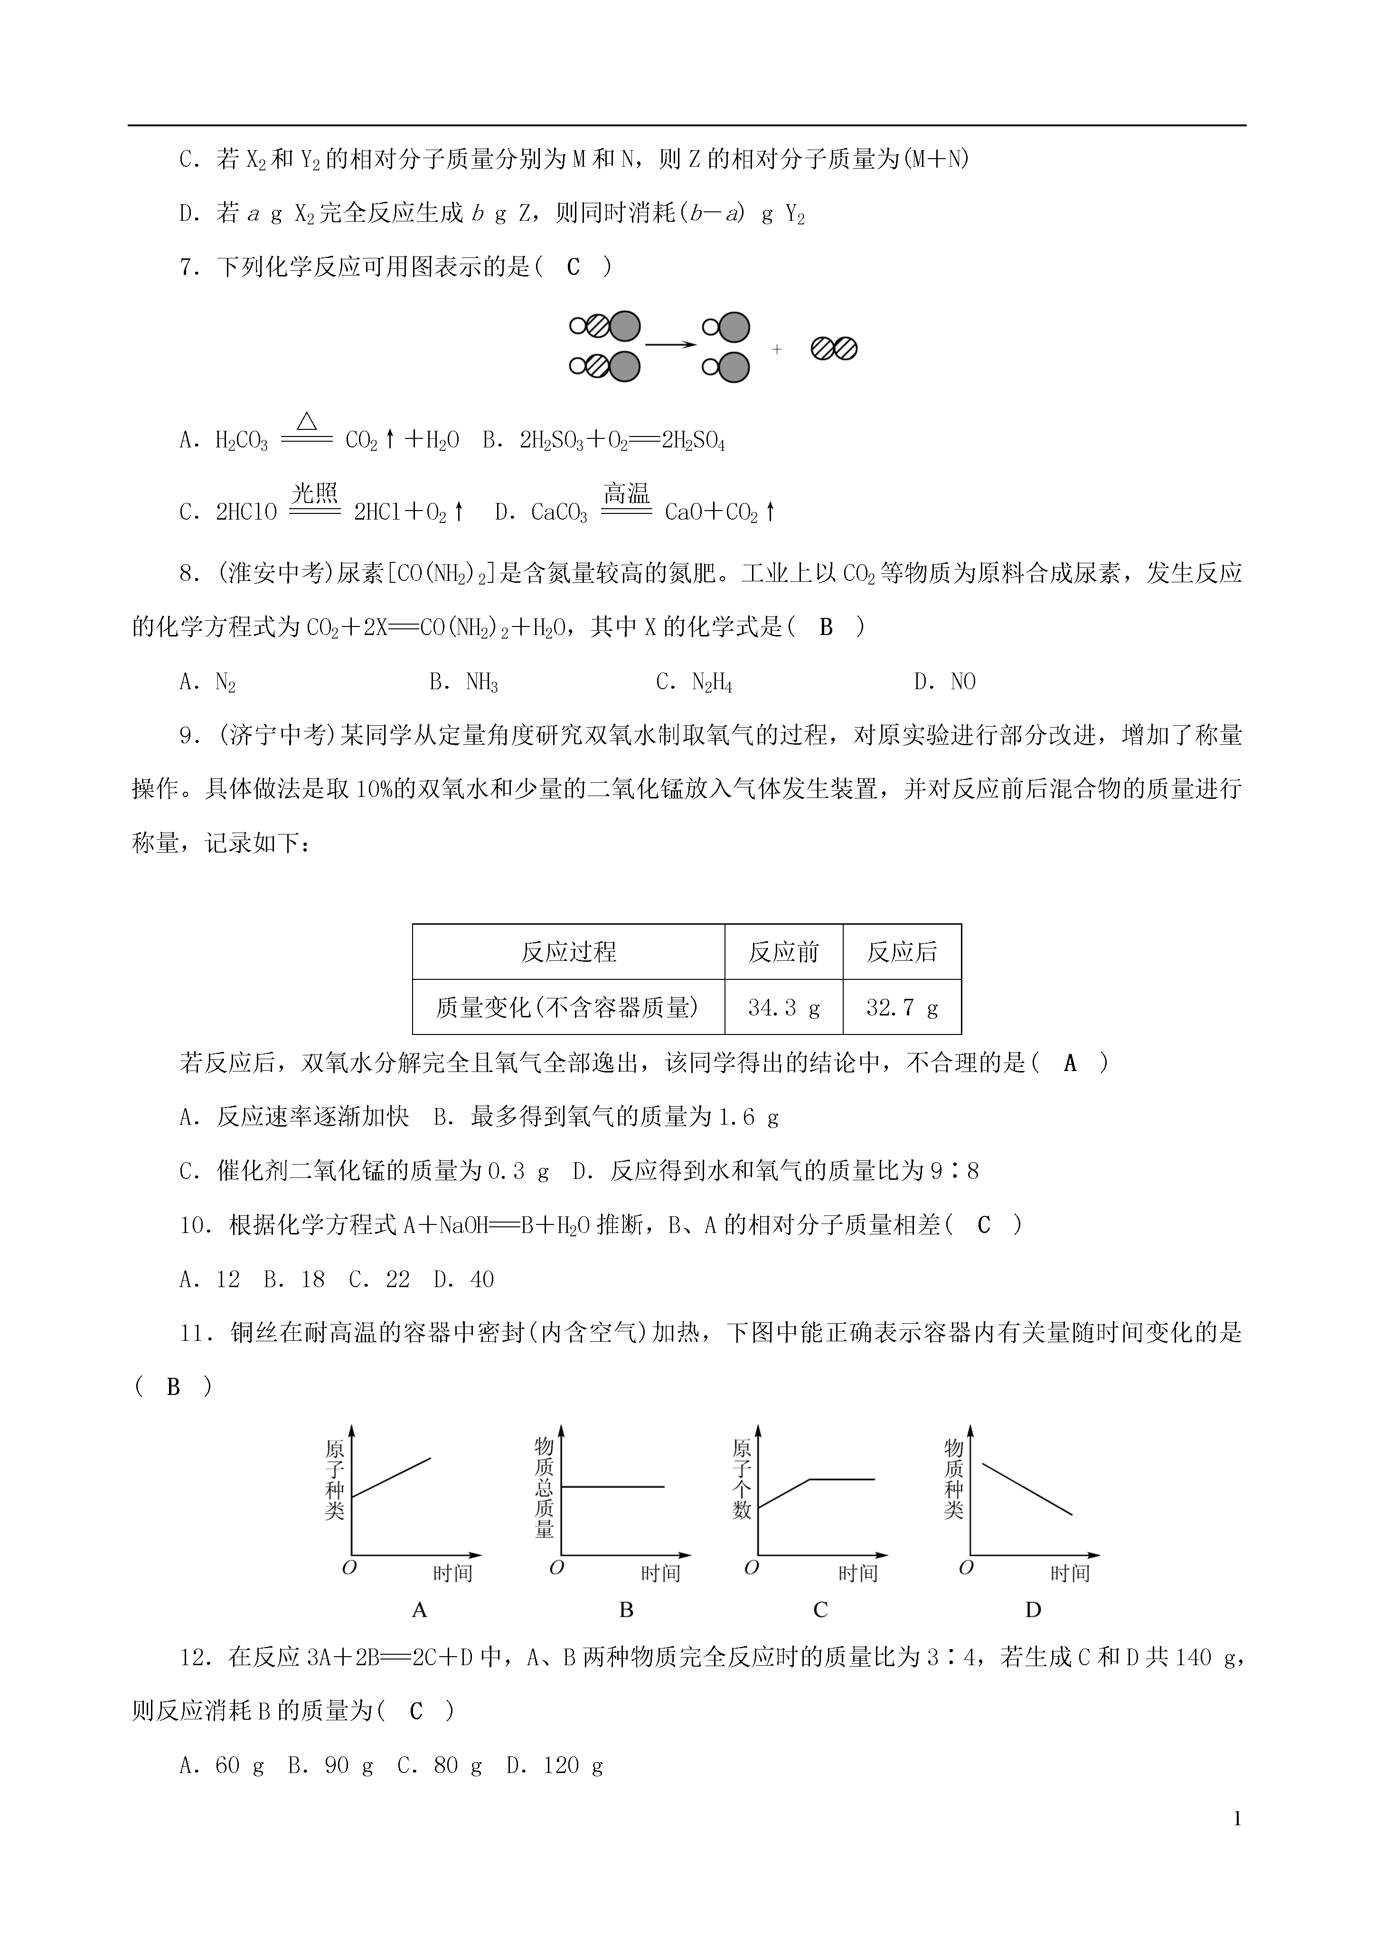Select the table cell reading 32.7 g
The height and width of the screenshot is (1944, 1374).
(x=902, y=1007)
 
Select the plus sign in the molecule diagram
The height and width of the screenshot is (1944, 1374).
(x=776, y=349)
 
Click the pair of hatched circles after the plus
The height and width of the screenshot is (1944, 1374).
(x=834, y=348)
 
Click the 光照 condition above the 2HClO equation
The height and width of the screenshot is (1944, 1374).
(x=315, y=493)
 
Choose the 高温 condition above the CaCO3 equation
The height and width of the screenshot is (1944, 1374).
(x=627, y=493)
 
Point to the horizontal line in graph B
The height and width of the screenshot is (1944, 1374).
(x=613, y=1486)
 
